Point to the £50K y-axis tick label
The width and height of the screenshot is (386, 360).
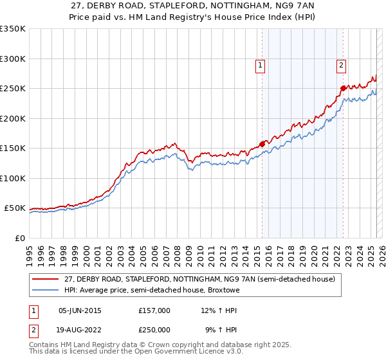tap(14, 208)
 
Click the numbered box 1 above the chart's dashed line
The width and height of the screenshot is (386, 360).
tap(261, 64)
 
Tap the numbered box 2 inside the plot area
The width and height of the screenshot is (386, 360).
tap(340, 64)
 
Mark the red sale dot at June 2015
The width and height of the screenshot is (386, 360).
tap(262, 144)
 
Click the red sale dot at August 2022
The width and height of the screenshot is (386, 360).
tap(344, 88)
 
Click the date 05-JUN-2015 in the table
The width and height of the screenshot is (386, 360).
tap(80, 310)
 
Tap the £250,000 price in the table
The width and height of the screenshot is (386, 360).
tap(154, 330)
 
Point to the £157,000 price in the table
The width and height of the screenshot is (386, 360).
tap(154, 310)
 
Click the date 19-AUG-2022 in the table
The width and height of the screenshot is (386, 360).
tap(80, 330)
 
